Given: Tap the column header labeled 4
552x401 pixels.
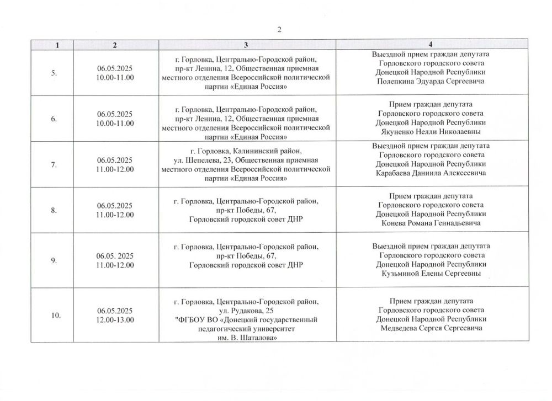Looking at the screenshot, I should pos(430,44).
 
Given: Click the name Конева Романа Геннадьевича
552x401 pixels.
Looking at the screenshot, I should pos(431,223).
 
